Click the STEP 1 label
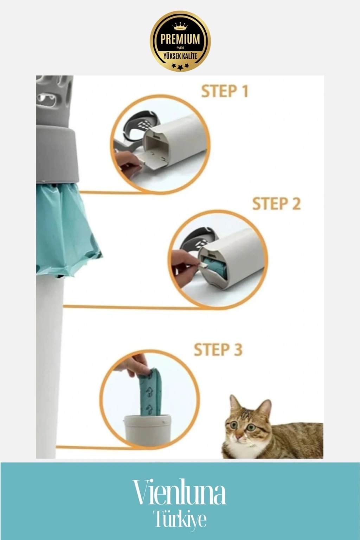pyautogui.click(x=225, y=91)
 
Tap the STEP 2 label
pyautogui.click(x=276, y=204)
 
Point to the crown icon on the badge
pyautogui.click(x=180, y=26)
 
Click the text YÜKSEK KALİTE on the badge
pyautogui.click(x=180, y=56)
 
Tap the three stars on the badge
pyautogui.click(x=180, y=66)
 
